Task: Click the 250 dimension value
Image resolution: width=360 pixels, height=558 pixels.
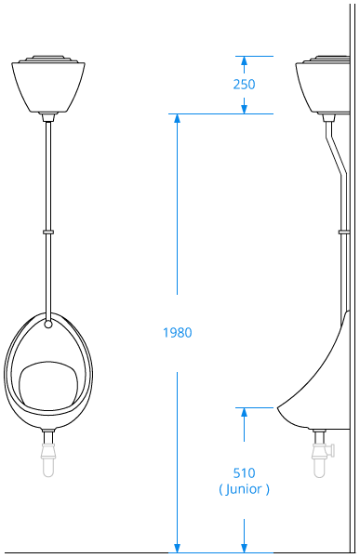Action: tap(244, 85)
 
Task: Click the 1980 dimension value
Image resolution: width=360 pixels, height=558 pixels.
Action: tap(178, 333)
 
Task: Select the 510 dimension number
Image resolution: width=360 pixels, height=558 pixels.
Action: tap(245, 473)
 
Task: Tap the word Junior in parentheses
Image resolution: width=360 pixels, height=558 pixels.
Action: tap(244, 489)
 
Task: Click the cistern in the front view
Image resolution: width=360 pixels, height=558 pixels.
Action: tap(48, 85)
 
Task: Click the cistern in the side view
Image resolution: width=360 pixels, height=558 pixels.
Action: tap(323, 85)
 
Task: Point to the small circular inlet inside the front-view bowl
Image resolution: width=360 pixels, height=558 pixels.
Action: tap(48, 325)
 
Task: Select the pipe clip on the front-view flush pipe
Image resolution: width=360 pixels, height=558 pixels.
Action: tap(48, 232)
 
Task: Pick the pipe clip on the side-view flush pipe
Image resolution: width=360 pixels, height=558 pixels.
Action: tap(344, 232)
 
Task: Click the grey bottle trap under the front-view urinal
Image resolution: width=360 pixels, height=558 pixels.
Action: tap(48, 459)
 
